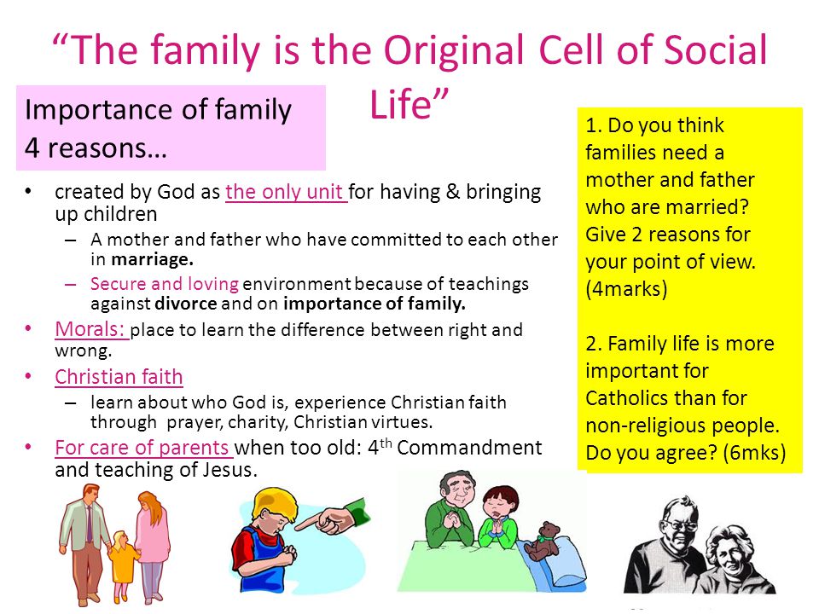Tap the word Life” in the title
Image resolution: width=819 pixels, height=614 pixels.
409,104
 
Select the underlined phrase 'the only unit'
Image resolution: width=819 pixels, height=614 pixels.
287,192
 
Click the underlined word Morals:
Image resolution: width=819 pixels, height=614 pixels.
91,329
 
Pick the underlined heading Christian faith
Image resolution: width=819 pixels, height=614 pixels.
119,376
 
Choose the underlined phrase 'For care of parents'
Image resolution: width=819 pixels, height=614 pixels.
143,448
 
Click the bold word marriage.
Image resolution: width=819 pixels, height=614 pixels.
153,259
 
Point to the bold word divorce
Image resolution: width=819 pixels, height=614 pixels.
185,304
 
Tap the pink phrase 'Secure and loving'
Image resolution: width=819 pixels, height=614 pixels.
165,284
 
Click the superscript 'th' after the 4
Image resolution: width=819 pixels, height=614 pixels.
386,443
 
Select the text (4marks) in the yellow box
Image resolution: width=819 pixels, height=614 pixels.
626,289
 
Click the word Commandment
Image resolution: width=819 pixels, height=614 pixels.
469,448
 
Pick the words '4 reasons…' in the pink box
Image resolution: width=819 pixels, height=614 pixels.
96,148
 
